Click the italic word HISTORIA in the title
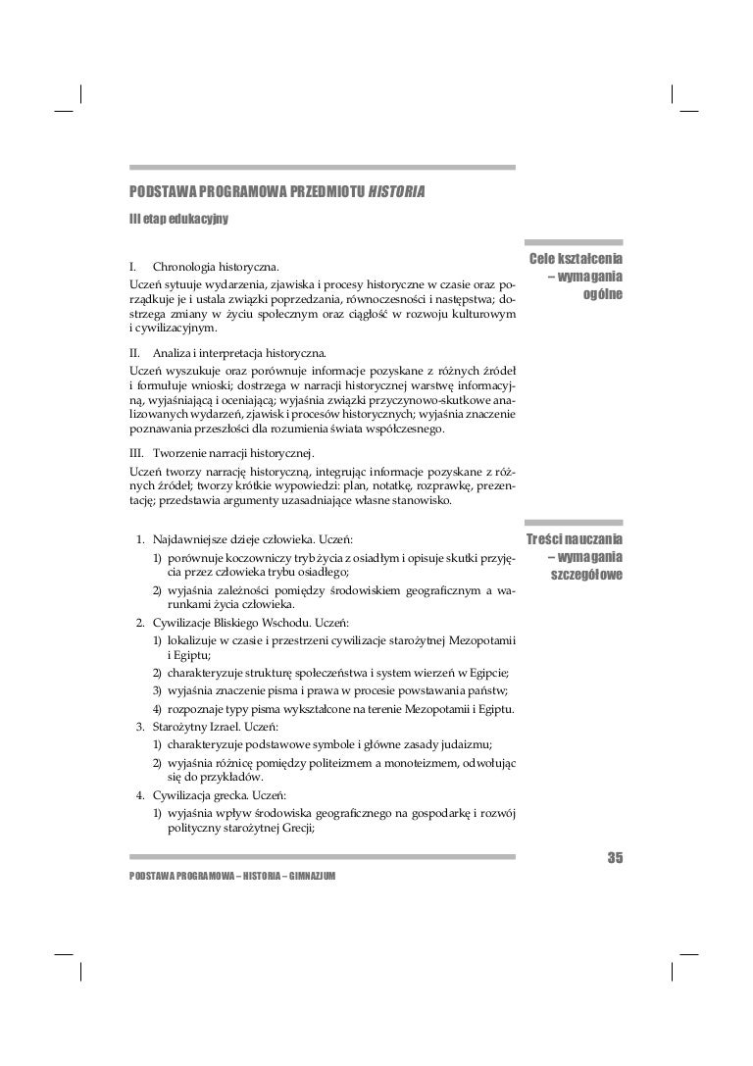pos(396,189)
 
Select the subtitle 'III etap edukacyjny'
pos(172,218)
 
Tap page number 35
pos(615,859)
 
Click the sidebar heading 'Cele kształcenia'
pos(577,259)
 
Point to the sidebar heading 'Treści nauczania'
pos(577,540)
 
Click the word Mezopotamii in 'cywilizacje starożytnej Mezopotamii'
pos(485,640)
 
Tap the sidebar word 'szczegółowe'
pos(586,575)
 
